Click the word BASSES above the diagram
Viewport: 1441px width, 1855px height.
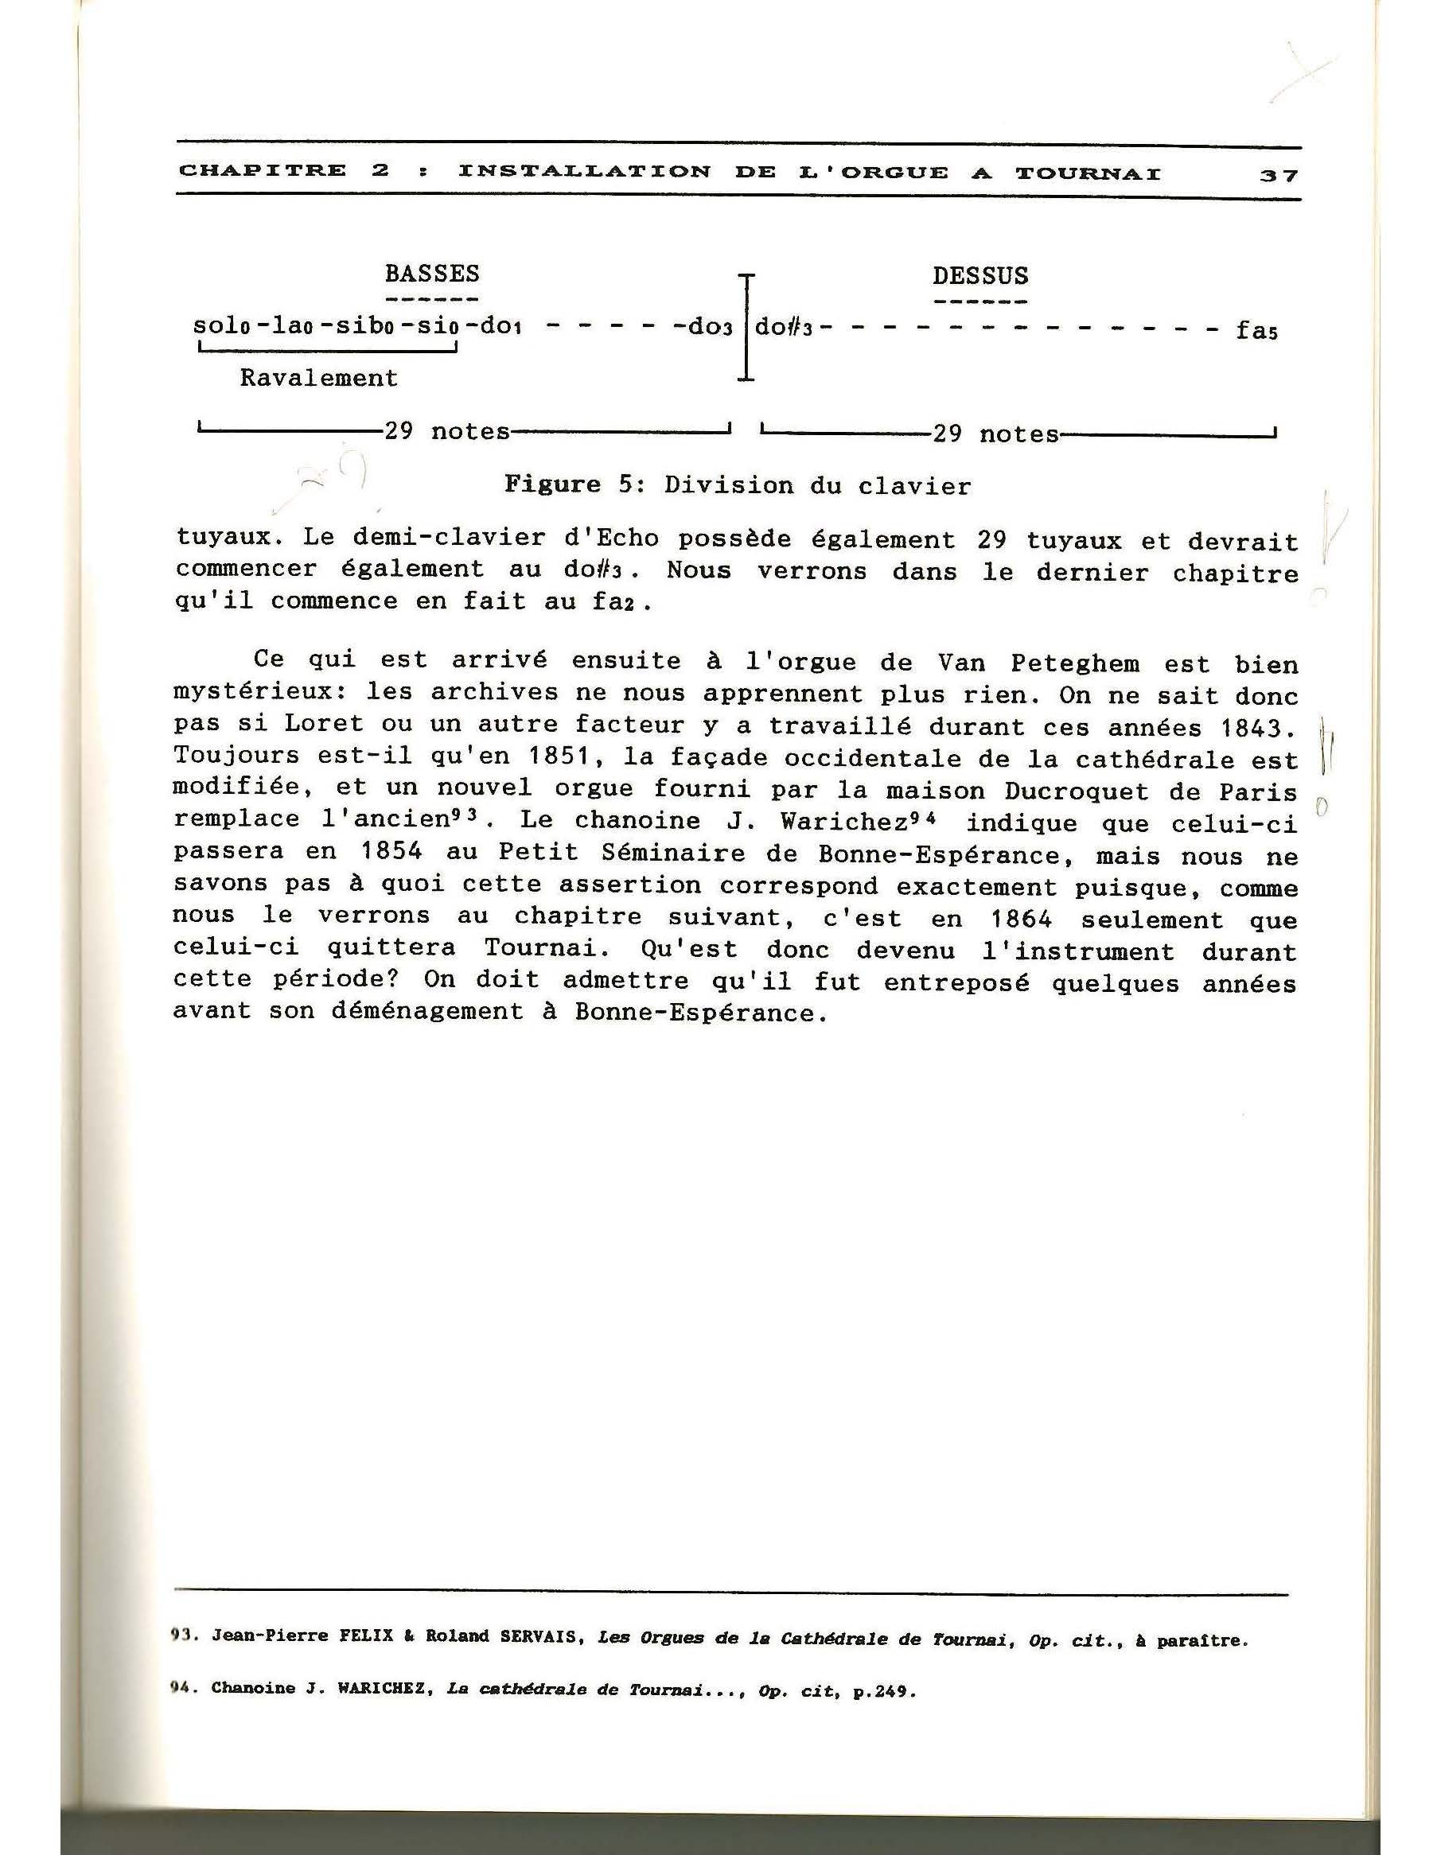pyautogui.click(x=431, y=274)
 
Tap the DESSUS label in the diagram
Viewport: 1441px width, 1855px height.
pyautogui.click(x=979, y=276)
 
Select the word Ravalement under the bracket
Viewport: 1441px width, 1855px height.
pyautogui.click(x=318, y=378)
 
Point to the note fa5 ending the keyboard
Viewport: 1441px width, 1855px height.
pyautogui.click(x=1256, y=330)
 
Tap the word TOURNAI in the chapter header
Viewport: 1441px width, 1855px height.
pyautogui.click(x=1089, y=173)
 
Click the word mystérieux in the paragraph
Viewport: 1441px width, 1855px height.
pyautogui.click(x=262, y=694)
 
